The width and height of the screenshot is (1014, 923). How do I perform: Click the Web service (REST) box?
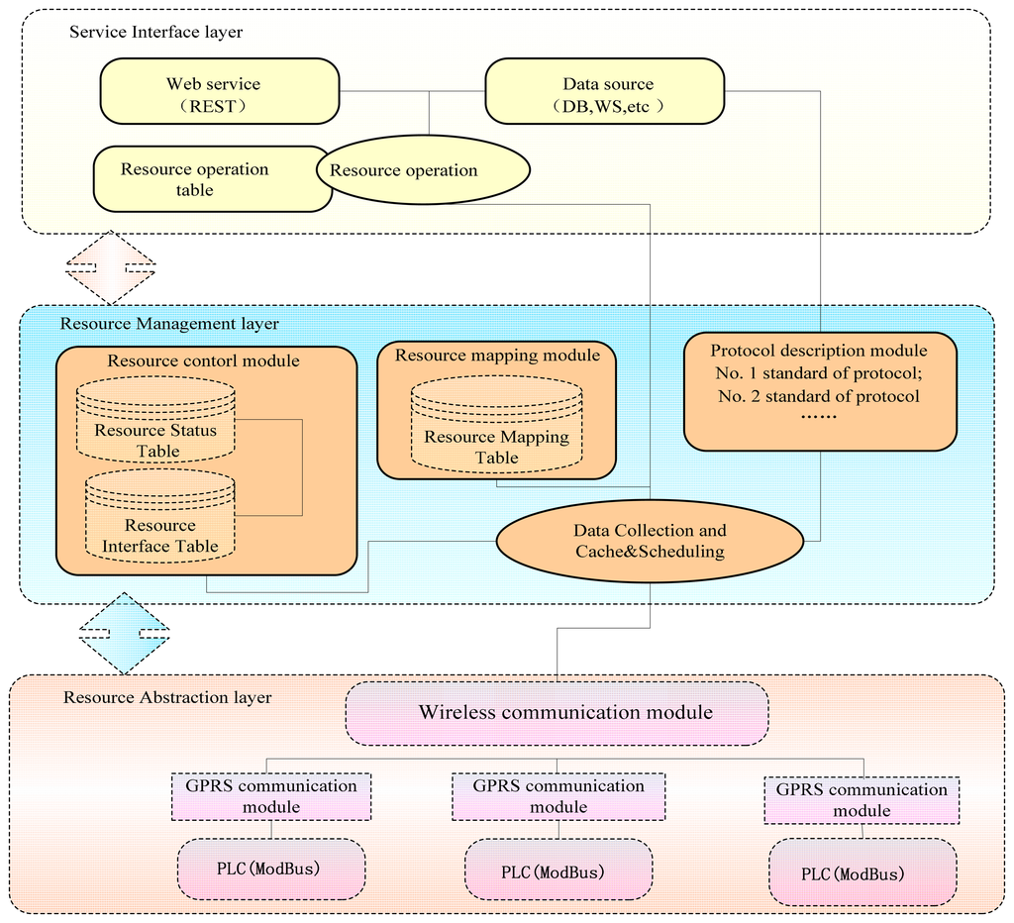(x=219, y=91)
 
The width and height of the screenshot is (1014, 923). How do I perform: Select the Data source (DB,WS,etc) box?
(x=604, y=91)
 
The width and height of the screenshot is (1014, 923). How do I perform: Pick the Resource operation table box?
(x=198, y=179)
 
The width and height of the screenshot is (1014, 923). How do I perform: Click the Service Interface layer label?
(x=155, y=33)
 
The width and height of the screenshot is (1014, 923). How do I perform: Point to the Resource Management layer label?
(x=169, y=324)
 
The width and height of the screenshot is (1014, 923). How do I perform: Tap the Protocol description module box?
(x=819, y=391)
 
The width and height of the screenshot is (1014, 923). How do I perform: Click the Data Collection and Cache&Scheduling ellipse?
(x=649, y=541)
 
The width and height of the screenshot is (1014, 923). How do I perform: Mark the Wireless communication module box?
(x=557, y=712)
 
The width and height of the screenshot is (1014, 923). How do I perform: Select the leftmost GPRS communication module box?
(x=270, y=796)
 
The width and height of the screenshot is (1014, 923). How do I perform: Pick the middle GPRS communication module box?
(x=558, y=796)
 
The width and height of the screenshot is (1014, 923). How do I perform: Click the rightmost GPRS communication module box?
(x=862, y=800)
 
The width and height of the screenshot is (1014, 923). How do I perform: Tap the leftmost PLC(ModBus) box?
(x=272, y=869)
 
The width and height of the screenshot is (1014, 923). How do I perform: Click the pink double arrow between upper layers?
(x=110, y=267)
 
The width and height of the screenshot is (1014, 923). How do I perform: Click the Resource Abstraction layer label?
(x=166, y=697)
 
